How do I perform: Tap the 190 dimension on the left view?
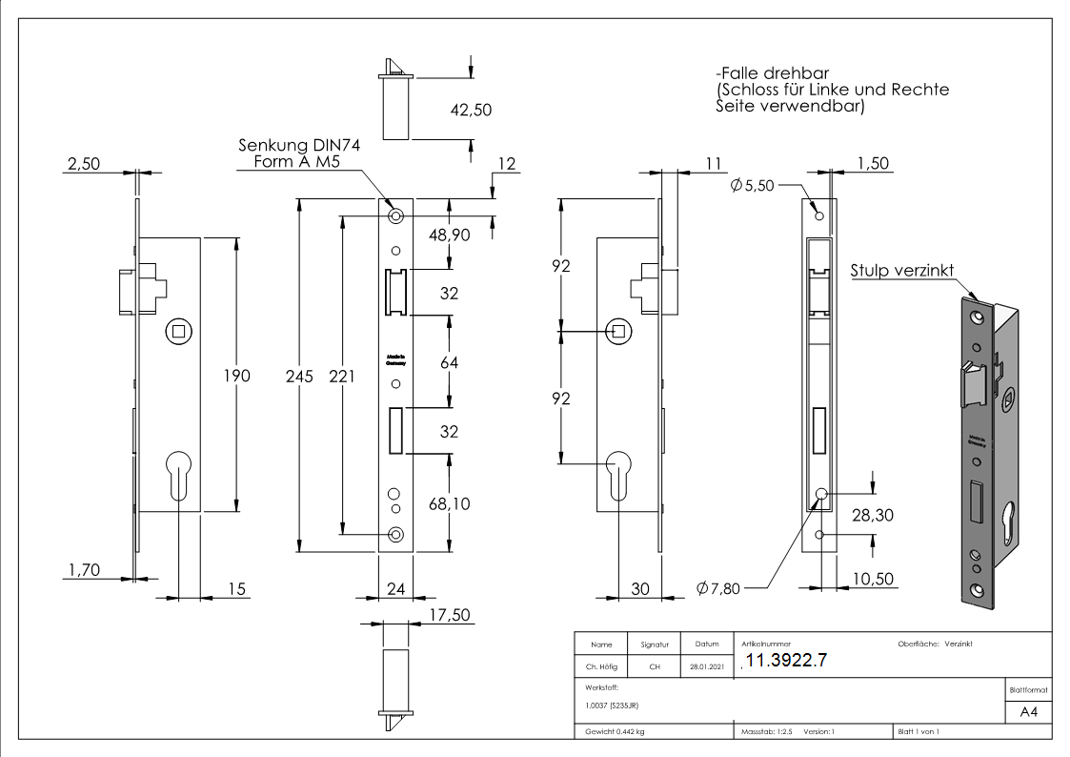click(235, 376)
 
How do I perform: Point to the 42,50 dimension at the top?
click(471, 110)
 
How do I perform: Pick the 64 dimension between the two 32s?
click(449, 363)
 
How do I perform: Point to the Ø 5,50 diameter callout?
click(753, 186)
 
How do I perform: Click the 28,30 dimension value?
click(874, 515)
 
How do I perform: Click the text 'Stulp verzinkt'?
click(901, 271)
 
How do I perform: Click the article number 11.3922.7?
click(786, 662)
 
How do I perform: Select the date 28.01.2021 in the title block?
click(706, 667)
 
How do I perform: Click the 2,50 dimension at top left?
click(82, 164)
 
